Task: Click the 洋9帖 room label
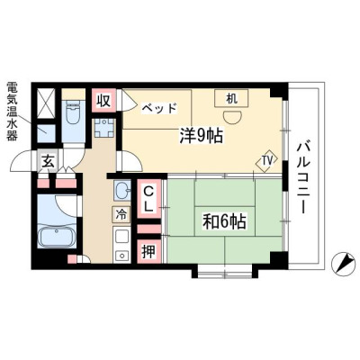(201, 136)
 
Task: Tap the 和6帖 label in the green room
(224, 221)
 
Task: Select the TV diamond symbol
(266, 162)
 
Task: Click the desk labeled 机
(231, 98)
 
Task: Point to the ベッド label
(159, 108)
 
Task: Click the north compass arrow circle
(343, 264)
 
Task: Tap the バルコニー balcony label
(303, 177)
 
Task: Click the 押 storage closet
(148, 251)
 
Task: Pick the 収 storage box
(103, 101)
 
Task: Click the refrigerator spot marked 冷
(121, 214)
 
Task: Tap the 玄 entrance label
(48, 162)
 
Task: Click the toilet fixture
(73, 112)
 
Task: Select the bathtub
(58, 237)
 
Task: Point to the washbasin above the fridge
(122, 191)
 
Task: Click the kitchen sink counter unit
(121, 245)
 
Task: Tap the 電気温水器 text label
(13, 112)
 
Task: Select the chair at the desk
(232, 117)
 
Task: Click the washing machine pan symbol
(103, 128)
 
